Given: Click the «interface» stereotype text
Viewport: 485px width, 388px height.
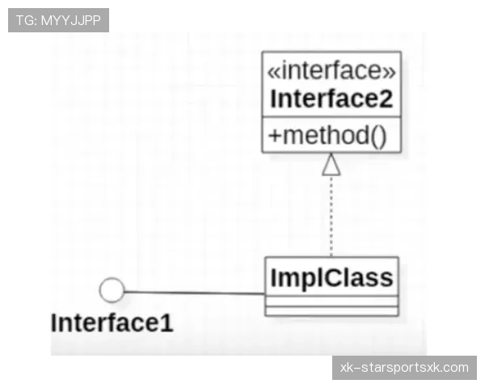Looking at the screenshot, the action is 331,70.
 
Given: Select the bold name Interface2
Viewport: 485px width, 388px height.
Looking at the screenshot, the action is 331,99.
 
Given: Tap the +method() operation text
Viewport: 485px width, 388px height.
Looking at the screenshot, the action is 327,136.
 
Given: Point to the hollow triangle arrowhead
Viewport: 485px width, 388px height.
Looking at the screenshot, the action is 331,164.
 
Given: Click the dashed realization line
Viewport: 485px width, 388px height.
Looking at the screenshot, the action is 331,217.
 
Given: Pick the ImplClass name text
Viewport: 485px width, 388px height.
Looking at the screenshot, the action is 331,278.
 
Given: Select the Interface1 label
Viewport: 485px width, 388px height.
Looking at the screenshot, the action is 112,323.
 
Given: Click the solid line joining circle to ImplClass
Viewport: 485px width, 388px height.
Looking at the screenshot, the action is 195,293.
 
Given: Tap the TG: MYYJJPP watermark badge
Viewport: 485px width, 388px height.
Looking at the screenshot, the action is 58,20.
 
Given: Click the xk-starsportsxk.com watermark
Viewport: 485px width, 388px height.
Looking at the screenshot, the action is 404,368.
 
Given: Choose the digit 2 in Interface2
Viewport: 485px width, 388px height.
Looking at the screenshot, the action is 386,99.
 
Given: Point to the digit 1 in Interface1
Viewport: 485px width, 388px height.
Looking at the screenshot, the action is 167,323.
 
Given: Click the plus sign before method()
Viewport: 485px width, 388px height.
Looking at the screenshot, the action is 275,136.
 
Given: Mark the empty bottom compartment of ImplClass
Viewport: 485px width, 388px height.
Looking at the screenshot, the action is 331,311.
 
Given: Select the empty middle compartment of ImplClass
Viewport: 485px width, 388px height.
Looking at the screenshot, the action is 331,301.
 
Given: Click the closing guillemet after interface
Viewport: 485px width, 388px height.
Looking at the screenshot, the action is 390,72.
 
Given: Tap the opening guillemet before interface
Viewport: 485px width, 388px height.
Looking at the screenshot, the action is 273,72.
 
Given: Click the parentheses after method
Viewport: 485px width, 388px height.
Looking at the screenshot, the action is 378,136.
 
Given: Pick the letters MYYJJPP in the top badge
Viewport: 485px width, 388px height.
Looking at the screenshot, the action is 71,20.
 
